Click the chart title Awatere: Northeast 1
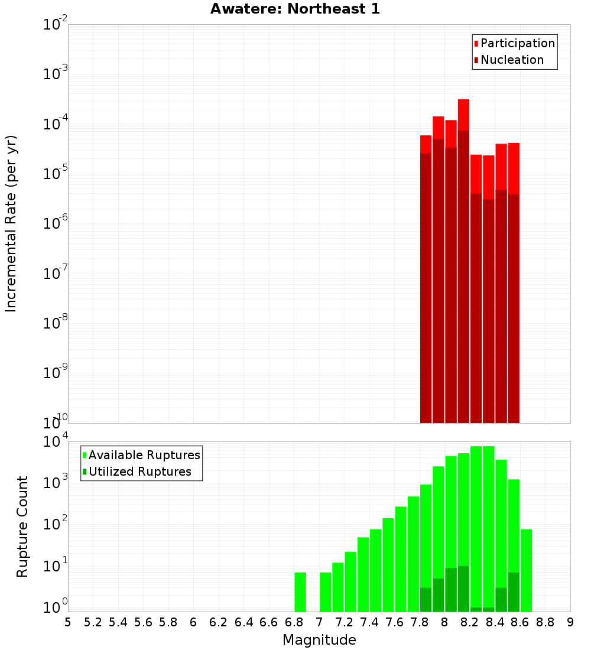click(x=295, y=9)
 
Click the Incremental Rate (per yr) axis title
click(x=11, y=223)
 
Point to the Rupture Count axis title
click(x=22, y=526)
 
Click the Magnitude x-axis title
click(x=319, y=640)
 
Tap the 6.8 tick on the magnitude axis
click(x=294, y=622)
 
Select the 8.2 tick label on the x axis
click(x=470, y=622)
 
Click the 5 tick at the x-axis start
click(x=68, y=622)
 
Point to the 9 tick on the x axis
click(x=570, y=622)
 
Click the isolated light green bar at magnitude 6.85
click(x=300, y=591)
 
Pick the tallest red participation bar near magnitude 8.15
click(x=463, y=115)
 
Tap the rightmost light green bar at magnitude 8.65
click(x=526, y=570)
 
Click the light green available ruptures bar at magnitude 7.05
click(x=325, y=591)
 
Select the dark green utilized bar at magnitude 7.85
click(x=426, y=599)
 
